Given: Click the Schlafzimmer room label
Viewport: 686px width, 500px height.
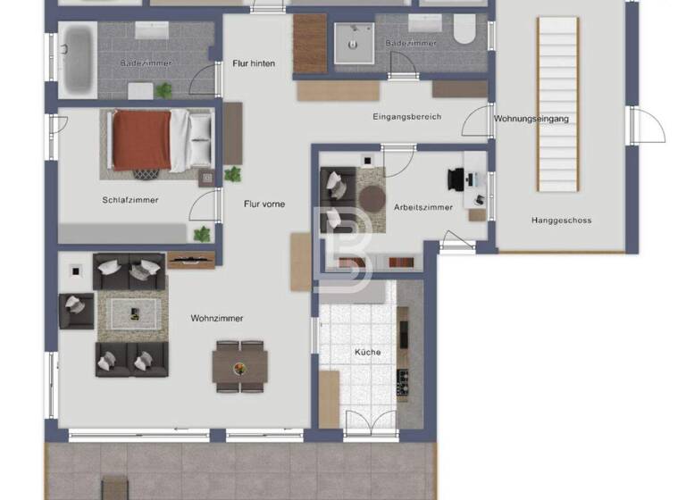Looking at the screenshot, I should coord(130,200).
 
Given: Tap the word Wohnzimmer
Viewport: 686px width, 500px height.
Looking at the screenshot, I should coord(216,318).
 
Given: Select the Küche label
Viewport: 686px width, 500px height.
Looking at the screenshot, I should coord(367,353).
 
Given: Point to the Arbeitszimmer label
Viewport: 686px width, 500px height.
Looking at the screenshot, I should coord(423,207).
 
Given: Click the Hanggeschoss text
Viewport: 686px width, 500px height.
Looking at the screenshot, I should coord(561,221).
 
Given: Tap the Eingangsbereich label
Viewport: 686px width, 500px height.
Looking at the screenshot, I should coord(407,117).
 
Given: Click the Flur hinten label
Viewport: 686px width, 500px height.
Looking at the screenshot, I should coord(254,63).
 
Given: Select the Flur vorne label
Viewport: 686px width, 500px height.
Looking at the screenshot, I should coord(264,204).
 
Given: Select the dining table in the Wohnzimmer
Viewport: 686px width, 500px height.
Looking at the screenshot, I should coord(239,364).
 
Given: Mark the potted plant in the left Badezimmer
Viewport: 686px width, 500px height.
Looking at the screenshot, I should coord(163,89).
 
